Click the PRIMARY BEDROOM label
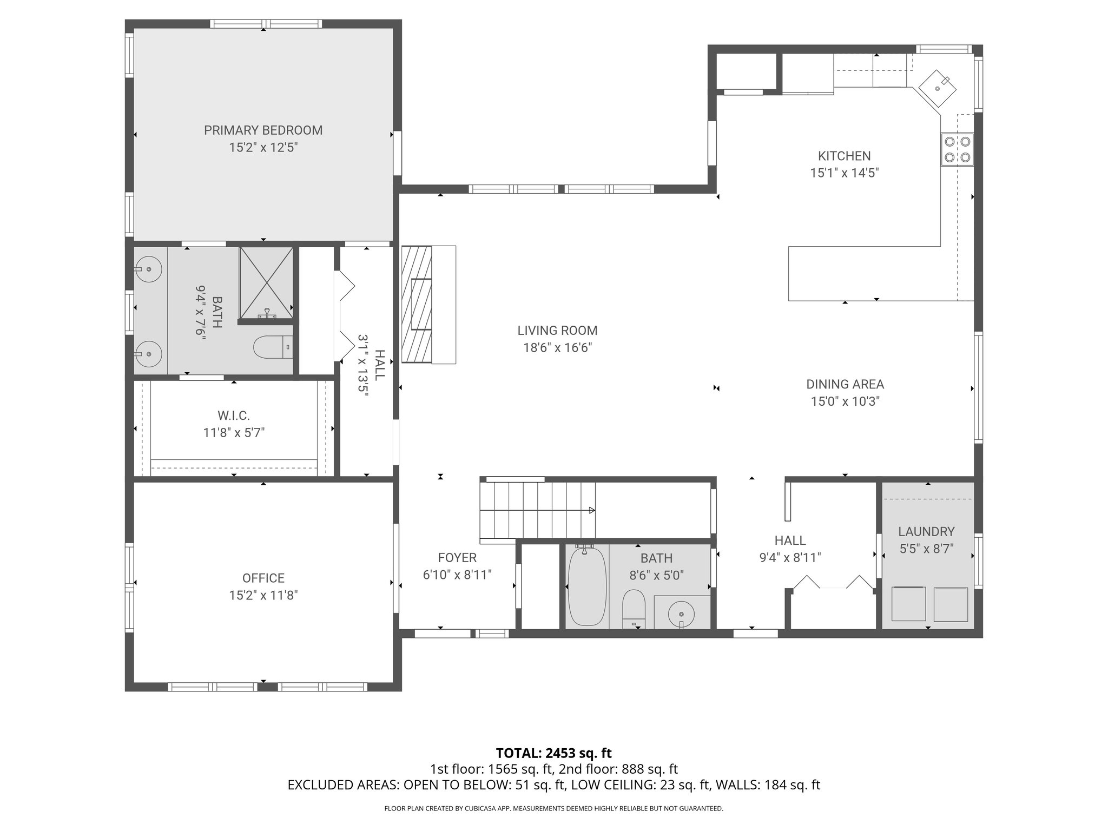click(263, 130)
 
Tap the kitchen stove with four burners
click(957, 149)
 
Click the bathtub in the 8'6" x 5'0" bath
click(586, 586)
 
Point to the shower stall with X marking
click(266, 282)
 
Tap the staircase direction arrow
click(591, 510)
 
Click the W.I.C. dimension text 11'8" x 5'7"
click(234, 433)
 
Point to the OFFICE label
click(263, 578)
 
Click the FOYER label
click(457, 558)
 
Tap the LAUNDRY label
click(926, 532)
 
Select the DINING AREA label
click(845, 385)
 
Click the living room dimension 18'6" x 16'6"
click(557, 348)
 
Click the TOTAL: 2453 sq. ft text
click(553, 753)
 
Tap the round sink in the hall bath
click(681, 614)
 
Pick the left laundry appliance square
click(908, 604)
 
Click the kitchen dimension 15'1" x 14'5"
click(844, 173)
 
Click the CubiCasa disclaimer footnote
click(553, 809)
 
